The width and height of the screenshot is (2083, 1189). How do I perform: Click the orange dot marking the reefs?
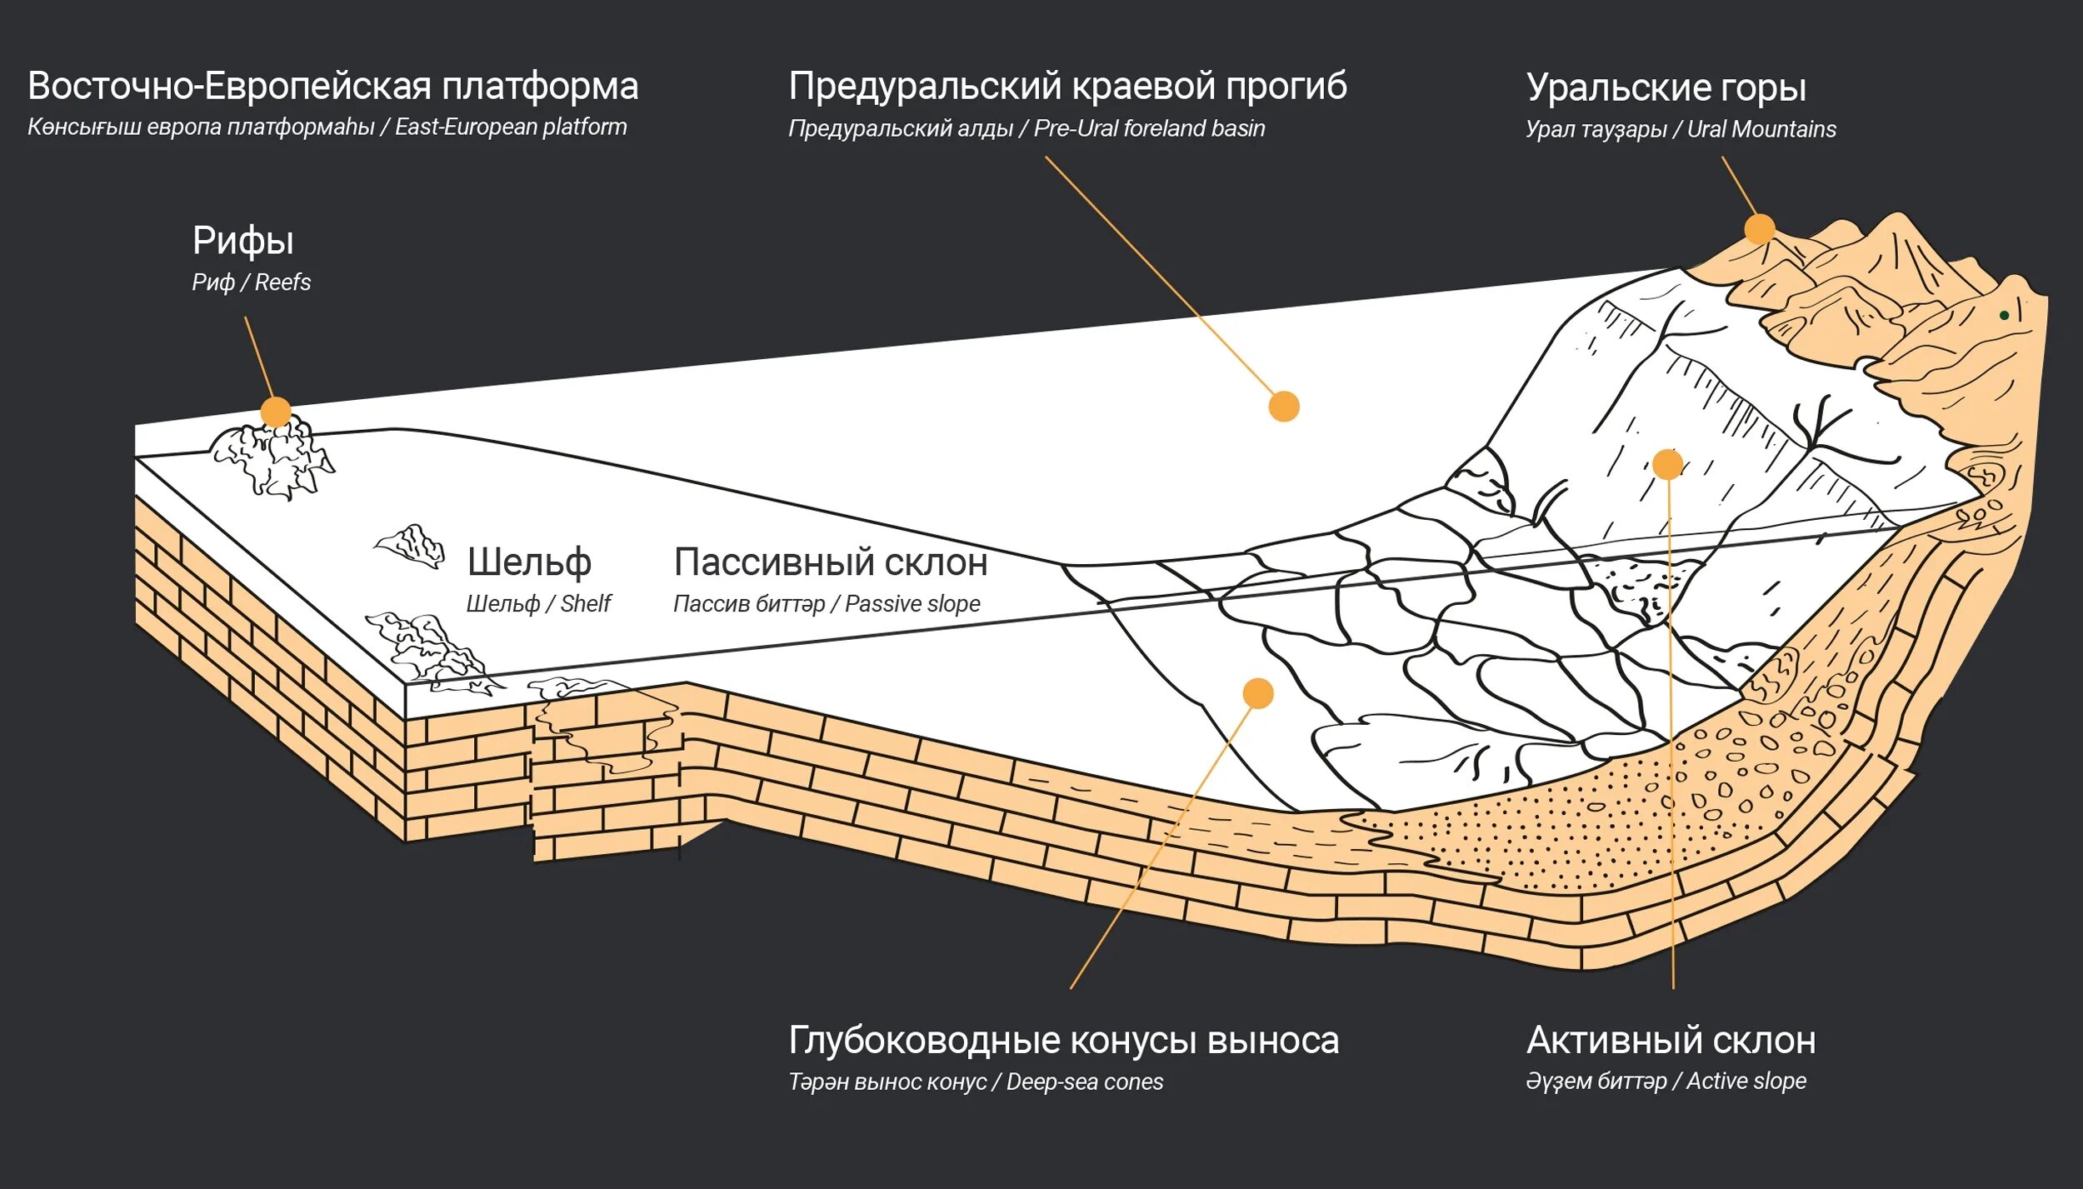click(x=276, y=412)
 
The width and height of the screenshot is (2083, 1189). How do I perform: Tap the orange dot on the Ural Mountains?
click(x=1760, y=228)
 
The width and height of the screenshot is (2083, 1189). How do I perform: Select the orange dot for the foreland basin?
click(x=1284, y=407)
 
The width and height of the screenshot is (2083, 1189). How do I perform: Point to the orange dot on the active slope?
click(x=1668, y=464)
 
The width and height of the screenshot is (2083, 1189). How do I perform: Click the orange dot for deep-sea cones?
click(x=1258, y=692)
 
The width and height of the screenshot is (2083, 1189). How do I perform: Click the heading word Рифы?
click(x=242, y=241)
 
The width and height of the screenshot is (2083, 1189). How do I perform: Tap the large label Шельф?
click(x=529, y=562)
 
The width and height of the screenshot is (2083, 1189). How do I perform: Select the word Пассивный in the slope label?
click(x=773, y=562)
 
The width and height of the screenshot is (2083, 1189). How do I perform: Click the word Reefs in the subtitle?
click(x=282, y=282)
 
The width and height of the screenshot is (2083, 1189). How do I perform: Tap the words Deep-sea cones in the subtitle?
click(x=1085, y=1082)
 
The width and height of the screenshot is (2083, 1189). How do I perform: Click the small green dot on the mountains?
click(x=2004, y=315)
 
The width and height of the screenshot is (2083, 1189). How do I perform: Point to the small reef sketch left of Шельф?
click(x=410, y=546)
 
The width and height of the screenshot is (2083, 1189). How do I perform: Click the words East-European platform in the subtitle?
click(x=511, y=127)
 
